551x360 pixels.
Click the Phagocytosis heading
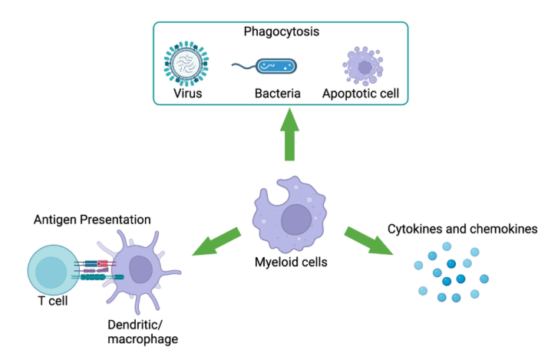[x=282, y=32]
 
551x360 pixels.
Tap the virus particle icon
[x=186, y=64]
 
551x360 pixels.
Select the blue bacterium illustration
[x=276, y=66]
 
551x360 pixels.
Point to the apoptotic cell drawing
[x=363, y=66]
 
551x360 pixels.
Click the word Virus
[x=188, y=94]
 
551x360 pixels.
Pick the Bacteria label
[x=278, y=94]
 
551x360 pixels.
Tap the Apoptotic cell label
[x=361, y=94]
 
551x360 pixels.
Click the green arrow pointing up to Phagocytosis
[x=289, y=134]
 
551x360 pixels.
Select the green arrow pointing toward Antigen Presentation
[x=216, y=242]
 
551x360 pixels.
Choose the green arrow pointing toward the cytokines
[x=368, y=241]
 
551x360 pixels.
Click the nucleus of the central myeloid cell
[x=296, y=220]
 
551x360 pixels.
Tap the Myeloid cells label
[x=291, y=263]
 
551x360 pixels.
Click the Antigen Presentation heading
[x=92, y=220]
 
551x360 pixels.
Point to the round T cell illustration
[x=54, y=270]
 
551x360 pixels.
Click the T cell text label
[x=53, y=301]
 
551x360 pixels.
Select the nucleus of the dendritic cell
[x=141, y=269]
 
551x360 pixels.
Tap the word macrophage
[x=143, y=339]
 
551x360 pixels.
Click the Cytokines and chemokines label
[x=463, y=230]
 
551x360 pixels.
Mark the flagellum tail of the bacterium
[x=244, y=66]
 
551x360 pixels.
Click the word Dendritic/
[x=135, y=325]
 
